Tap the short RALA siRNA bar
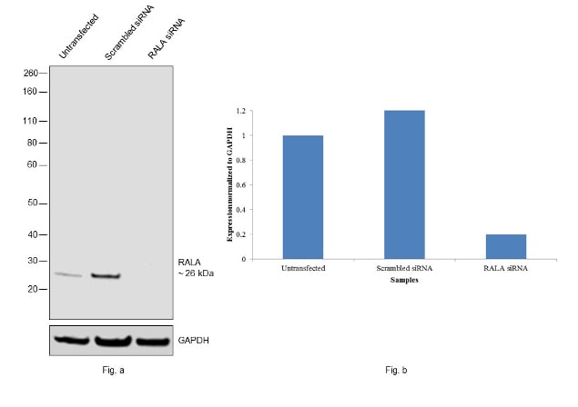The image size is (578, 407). point(506,246)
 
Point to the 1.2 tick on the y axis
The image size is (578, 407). point(241,111)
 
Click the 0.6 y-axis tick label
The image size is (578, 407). point(241,185)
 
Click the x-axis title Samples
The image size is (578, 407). point(404,280)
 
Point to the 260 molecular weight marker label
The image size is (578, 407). point(30,73)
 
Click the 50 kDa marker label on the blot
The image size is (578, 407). point(33,203)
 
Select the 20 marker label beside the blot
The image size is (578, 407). point(33,289)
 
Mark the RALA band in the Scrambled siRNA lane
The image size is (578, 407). point(107,275)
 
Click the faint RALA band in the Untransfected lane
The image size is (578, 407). point(67,274)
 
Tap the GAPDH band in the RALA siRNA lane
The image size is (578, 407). point(153,342)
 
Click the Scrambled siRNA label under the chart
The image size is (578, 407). point(404,269)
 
